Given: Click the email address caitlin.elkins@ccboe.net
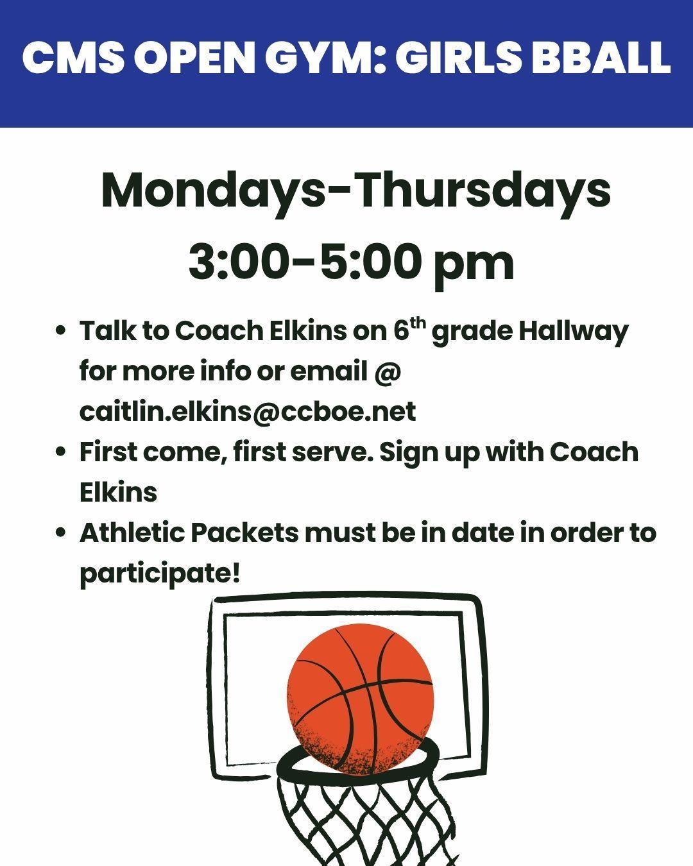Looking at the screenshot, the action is pyautogui.click(x=248, y=411).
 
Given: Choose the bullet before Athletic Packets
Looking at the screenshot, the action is pyautogui.click(x=60, y=532).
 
